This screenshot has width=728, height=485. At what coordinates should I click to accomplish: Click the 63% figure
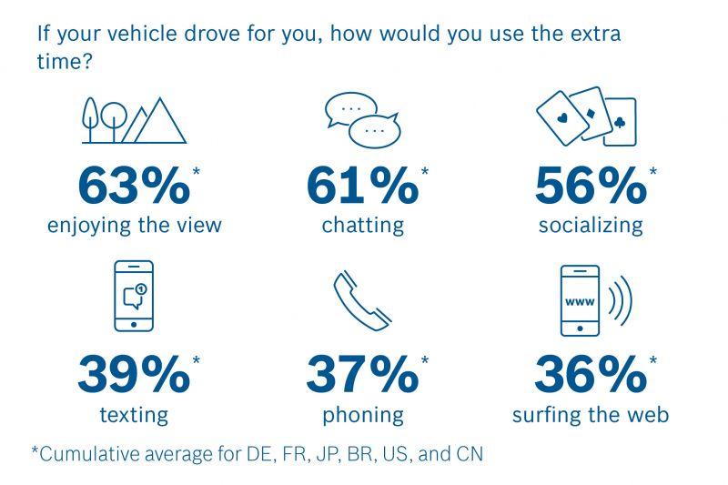coord(134,186)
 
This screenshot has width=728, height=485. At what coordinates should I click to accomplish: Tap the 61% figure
coord(362,186)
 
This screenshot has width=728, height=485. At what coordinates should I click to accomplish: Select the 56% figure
coord(590,186)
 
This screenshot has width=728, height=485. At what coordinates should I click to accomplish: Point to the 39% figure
coord(134,375)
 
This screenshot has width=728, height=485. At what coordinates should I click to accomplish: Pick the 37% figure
coord(362,375)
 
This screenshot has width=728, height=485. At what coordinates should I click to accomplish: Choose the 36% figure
coord(590,375)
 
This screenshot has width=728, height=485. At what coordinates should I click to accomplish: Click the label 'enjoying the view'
coord(135,225)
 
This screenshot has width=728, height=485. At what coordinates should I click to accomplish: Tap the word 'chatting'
coord(362,225)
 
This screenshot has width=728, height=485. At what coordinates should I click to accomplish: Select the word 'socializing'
coord(591,225)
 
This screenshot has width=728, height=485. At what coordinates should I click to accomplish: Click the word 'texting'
coord(134,415)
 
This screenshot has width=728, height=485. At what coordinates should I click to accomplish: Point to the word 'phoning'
coord(362,415)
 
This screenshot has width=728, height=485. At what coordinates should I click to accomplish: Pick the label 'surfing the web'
coord(591,415)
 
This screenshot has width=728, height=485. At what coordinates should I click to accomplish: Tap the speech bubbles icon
coord(362,118)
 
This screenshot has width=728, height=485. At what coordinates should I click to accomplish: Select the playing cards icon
coord(587,116)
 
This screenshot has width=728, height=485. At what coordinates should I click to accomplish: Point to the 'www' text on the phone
coord(580,300)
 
